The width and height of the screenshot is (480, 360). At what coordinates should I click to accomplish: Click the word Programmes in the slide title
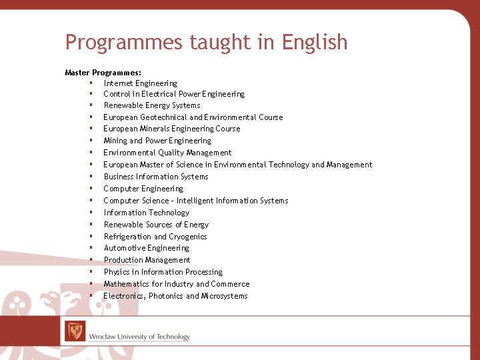click(x=124, y=43)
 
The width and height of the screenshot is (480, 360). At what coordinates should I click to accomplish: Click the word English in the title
click(x=315, y=43)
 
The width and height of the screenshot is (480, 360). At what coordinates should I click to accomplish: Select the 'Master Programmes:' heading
click(x=103, y=72)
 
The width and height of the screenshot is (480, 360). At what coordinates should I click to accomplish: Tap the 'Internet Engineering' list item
click(x=140, y=83)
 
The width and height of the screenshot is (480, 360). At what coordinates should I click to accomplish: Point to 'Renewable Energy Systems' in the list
click(x=152, y=105)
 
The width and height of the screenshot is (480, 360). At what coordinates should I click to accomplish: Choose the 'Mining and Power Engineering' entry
click(x=157, y=141)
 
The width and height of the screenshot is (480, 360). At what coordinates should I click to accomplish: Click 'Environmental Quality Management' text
click(x=167, y=153)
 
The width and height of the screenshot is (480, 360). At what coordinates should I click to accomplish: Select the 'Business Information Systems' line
click(x=156, y=177)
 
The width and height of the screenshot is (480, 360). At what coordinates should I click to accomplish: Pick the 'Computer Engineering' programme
click(x=143, y=189)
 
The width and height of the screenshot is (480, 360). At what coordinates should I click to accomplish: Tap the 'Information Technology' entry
click(x=147, y=213)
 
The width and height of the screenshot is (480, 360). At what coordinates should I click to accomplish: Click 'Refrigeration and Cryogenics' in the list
click(x=155, y=237)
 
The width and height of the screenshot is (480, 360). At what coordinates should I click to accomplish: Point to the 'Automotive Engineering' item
click(x=147, y=248)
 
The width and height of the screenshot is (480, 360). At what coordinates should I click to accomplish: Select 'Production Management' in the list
click(x=147, y=260)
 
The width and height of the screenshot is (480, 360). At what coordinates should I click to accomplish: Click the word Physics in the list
click(x=117, y=272)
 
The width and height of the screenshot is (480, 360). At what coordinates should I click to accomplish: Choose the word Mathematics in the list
click(x=127, y=284)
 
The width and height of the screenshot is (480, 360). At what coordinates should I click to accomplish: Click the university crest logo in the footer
click(x=75, y=331)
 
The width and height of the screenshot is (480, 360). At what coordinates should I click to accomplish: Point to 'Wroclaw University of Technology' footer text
click(x=139, y=337)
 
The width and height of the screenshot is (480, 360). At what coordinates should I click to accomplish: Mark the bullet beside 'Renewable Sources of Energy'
click(x=89, y=225)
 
